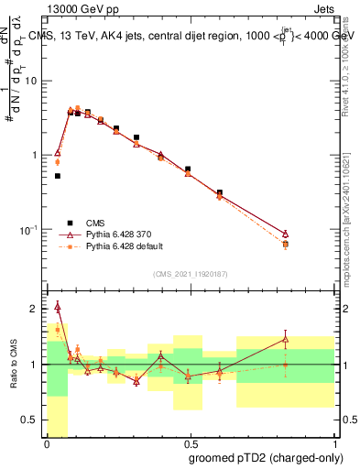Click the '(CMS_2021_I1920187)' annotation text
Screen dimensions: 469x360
click(x=190, y=274)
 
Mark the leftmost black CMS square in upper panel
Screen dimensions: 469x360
click(x=58, y=176)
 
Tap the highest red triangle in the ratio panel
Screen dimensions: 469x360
click(x=58, y=307)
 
